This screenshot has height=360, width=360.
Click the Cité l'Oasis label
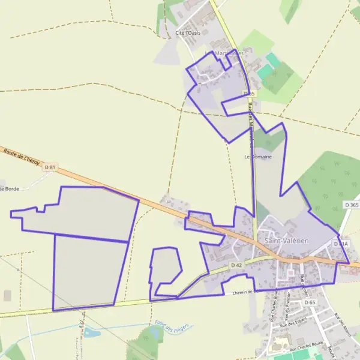click(x=188, y=32)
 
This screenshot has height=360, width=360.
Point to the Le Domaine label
click(x=258, y=157)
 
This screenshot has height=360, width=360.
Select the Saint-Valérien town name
click(x=287, y=240)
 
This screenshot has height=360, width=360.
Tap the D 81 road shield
click(x=50, y=167)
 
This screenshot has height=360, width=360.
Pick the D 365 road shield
click(x=352, y=205)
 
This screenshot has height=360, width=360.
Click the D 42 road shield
click(x=236, y=265)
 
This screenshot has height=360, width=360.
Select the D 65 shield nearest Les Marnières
click(x=249, y=94)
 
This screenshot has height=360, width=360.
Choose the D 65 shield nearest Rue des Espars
click(x=310, y=302)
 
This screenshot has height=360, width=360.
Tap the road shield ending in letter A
click(x=341, y=244)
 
